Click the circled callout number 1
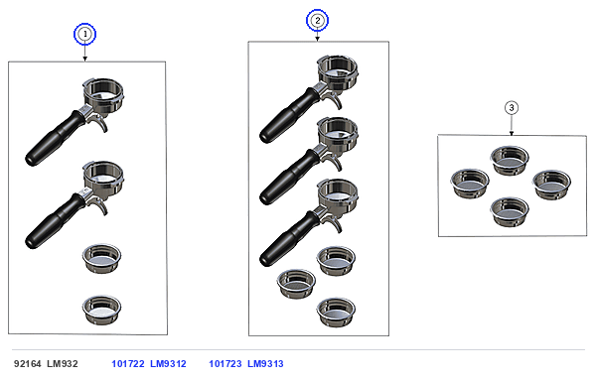84,34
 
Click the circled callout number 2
318,21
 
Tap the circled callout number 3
512,108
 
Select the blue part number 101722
128,364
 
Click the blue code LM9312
168,364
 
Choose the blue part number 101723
225,364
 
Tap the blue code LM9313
265,364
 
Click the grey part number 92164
28,364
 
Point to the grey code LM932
63,364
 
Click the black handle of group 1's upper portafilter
54,139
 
